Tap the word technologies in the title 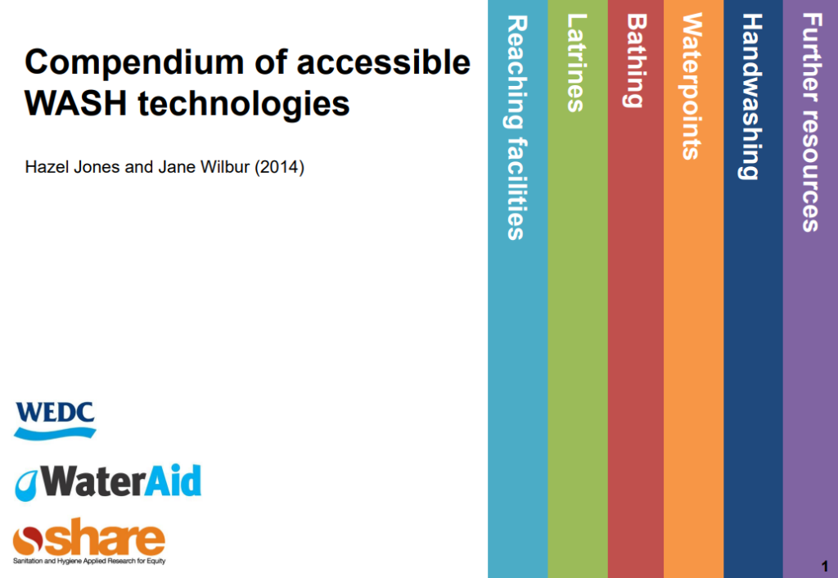[x=244, y=105]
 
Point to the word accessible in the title [x=384, y=61]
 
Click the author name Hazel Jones [x=73, y=167]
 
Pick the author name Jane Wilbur [x=204, y=167]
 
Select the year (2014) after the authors [x=280, y=167]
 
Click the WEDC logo [x=55, y=422]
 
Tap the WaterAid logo [x=108, y=482]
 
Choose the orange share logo [x=89, y=540]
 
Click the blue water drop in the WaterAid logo [x=25, y=485]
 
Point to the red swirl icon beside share [x=28, y=540]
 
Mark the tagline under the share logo [x=89, y=561]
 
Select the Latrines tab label [x=576, y=63]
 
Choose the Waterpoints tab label [x=692, y=87]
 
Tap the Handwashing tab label [x=751, y=97]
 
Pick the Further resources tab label [x=811, y=123]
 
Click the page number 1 [x=825, y=566]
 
